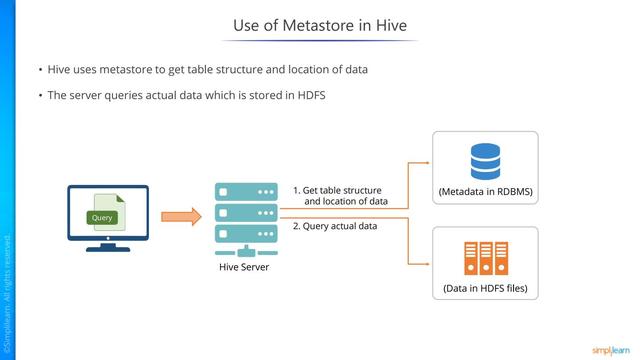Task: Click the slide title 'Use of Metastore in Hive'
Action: pyautogui.click(x=319, y=24)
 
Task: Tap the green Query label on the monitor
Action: pyautogui.click(x=102, y=217)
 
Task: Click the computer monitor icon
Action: pyautogui.click(x=107, y=212)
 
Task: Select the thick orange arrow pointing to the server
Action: pyautogui.click(x=180, y=215)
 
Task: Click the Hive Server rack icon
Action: pyautogui.click(x=244, y=214)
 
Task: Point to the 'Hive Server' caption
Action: pyautogui.click(x=244, y=266)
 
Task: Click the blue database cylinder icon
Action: pyautogui.click(x=485, y=161)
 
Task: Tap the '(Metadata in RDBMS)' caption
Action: pyautogui.click(x=485, y=191)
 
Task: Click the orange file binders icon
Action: pyautogui.click(x=485, y=258)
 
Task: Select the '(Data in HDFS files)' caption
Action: pyautogui.click(x=485, y=289)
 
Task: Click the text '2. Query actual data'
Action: pyautogui.click(x=334, y=226)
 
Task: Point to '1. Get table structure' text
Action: pyautogui.click(x=337, y=190)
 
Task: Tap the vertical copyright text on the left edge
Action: pyautogui.click(x=7, y=290)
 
